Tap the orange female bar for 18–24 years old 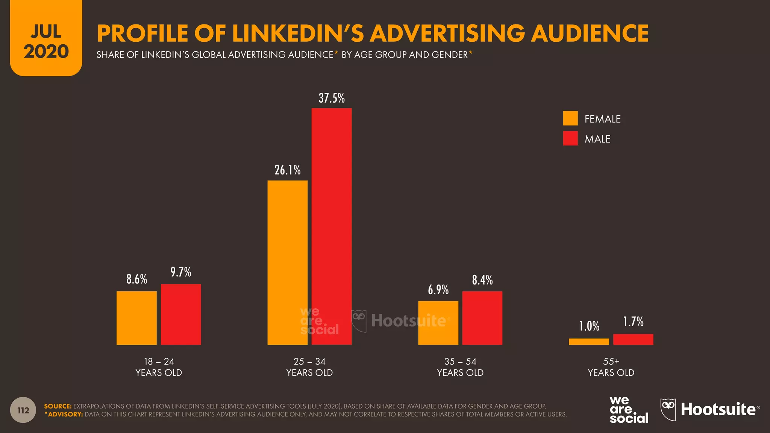click(136, 318)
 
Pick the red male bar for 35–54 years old click(482, 318)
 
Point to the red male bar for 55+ click(633, 339)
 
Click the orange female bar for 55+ click(589, 342)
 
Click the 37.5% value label click(332, 98)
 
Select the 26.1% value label click(287, 170)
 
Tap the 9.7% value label click(181, 272)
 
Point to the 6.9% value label click(438, 290)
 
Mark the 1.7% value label click(633, 322)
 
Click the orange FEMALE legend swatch click(570, 118)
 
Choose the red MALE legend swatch click(570, 138)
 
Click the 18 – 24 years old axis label click(159, 367)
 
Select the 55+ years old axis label click(611, 367)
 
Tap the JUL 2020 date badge click(46, 41)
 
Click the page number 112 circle click(23, 410)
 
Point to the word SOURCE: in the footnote click(58, 406)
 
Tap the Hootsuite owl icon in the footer click(668, 409)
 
